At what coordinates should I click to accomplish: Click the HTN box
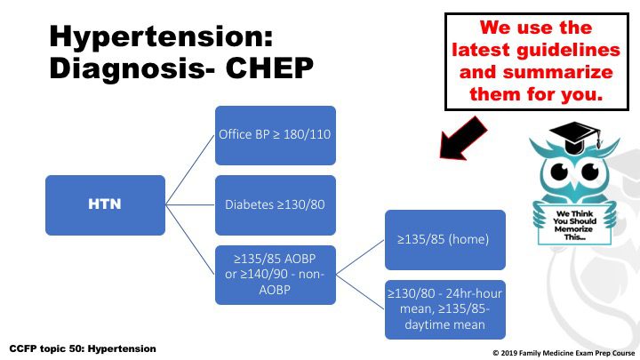coord(105,205)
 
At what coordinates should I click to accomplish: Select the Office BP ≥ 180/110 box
coord(276,135)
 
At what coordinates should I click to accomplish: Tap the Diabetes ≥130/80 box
coord(276,205)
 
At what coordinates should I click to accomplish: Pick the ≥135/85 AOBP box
coord(276,275)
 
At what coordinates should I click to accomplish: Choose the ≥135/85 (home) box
coord(445,240)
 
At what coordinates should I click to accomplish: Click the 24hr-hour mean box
coord(445,309)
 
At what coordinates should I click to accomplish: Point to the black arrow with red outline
coord(463,138)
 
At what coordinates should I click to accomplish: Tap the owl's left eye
coord(559,172)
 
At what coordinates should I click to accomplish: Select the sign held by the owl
coord(574,225)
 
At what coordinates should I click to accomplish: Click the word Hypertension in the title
coord(161,37)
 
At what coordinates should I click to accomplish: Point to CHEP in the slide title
coord(269,68)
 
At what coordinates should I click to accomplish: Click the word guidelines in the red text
coord(568,51)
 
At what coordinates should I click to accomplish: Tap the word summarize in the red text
coord(557,72)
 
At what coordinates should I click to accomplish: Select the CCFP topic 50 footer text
coord(83,349)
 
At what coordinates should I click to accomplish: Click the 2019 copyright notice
coord(564,353)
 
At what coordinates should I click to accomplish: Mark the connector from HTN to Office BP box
coord(190,170)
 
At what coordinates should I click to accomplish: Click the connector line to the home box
coord(360,257)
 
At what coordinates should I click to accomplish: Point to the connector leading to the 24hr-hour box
coord(360,292)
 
